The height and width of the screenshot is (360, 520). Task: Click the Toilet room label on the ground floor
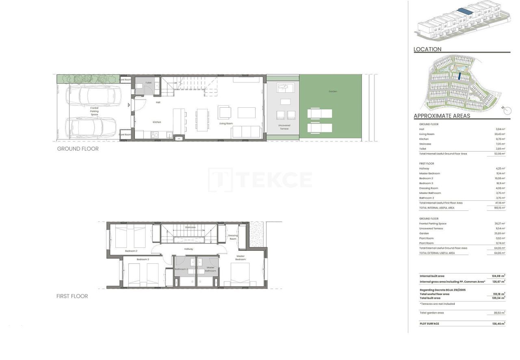click(x=148, y=83)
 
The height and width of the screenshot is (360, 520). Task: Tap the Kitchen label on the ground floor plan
click(x=157, y=122)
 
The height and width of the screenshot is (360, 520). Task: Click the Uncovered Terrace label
click(x=284, y=127)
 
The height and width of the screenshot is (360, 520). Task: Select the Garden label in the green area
click(x=333, y=91)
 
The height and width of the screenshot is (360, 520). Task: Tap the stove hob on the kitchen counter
click(x=155, y=135)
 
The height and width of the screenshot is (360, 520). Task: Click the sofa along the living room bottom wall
click(x=246, y=132)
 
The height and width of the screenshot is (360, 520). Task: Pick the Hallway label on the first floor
click(x=188, y=249)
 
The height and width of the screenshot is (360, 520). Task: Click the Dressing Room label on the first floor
click(x=233, y=237)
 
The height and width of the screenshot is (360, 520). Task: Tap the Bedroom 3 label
click(x=143, y=259)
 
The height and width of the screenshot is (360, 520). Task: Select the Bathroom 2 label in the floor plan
click(x=181, y=269)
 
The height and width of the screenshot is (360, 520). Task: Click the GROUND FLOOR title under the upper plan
click(x=78, y=149)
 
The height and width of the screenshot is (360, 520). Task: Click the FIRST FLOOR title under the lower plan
click(x=72, y=296)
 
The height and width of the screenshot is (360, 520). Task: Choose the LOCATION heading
click(x=427, y=49)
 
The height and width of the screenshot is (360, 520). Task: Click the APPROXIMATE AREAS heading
click(x=442, y=116)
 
